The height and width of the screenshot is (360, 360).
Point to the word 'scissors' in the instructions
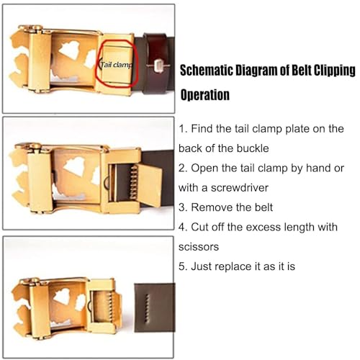tap(199, 245)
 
